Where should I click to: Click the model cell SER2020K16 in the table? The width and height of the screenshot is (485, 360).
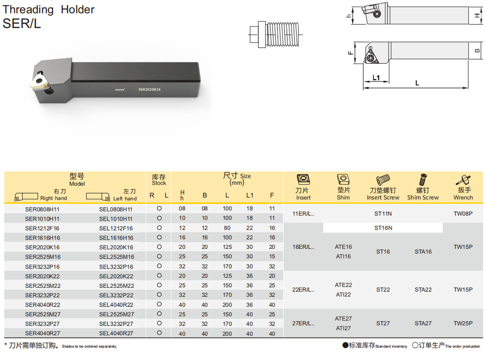click(42, 247)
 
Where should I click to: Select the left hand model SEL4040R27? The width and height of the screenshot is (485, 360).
click(116, 333)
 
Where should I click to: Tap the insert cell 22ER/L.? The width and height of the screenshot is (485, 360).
click(303, 290)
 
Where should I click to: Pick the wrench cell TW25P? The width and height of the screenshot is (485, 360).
click(463, 324)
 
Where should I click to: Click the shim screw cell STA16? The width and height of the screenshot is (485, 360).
click(423, 252)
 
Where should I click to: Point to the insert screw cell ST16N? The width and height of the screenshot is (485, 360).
click(383, 228)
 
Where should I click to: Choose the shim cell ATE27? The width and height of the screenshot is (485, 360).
click(344, 319)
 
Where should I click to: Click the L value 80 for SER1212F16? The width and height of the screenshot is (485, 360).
click(227, 228)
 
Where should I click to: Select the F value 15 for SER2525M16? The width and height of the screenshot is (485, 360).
click(272, 257)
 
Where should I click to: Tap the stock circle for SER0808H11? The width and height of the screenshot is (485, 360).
click(159, 208)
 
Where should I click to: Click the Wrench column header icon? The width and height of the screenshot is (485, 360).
click(463, 180)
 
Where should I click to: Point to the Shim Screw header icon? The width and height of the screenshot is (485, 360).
click(423, 180)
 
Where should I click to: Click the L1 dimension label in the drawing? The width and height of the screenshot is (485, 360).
click(376, 77)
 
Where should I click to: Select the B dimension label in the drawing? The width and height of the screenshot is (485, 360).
click(477, 51)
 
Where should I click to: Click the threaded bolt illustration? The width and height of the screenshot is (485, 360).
click(275, 34)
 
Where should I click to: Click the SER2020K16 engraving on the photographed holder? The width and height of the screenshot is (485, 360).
click(150, 89)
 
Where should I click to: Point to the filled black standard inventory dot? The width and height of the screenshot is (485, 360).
click(345, 345)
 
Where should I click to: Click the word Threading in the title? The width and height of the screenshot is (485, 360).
click(28, 10)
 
